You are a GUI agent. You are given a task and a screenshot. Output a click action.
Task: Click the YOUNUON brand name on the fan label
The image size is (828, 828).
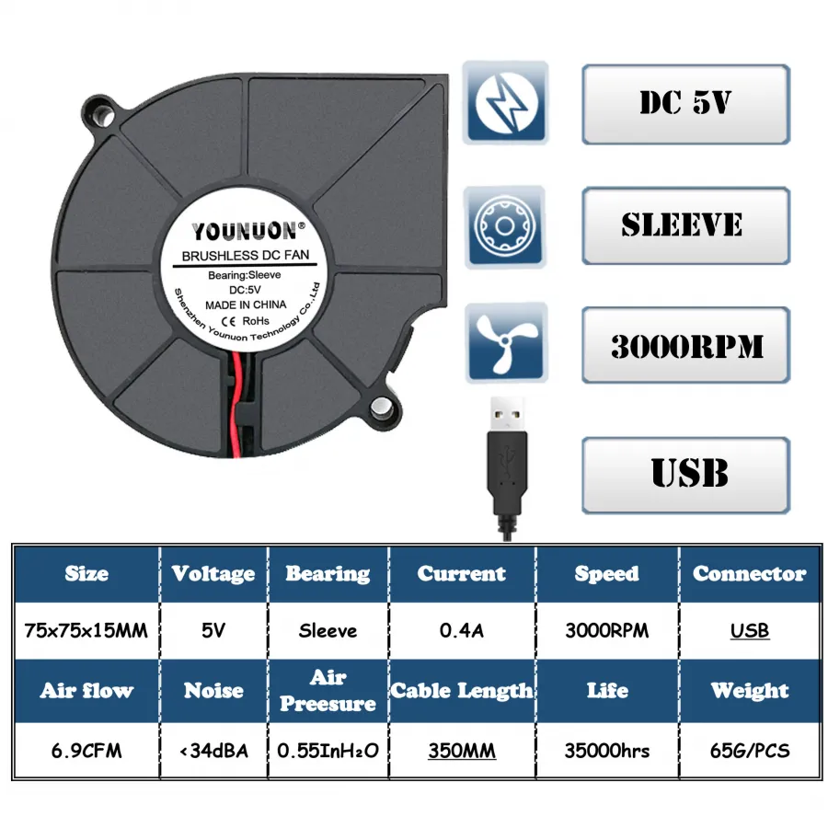(245, 231)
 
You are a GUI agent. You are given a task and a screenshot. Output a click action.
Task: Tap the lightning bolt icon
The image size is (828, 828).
(505, 102)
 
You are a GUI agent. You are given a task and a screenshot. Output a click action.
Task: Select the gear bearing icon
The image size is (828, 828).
(505, 226)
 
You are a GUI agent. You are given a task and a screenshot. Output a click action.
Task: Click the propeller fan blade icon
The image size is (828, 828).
(506, 343)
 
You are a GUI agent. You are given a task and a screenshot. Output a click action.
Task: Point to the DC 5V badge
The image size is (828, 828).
(685, 103)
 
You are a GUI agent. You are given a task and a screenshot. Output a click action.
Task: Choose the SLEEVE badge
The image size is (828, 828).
(685, 225)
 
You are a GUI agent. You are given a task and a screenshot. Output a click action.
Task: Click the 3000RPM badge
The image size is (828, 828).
(685, 345)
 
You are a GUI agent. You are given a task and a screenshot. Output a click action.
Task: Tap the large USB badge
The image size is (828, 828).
(685, 475)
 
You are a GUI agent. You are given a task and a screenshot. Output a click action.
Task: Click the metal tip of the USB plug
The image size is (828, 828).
(508, 415)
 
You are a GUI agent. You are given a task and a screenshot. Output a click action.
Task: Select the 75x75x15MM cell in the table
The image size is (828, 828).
(86, 630)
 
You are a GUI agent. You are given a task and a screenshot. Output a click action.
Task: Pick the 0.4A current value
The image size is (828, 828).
(462, 630)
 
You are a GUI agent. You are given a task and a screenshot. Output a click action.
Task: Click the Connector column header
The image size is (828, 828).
(749, 573)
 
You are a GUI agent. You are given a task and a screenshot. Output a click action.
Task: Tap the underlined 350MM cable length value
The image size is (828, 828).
(462, 751)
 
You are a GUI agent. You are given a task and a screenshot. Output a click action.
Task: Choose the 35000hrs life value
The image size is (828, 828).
(607, 751)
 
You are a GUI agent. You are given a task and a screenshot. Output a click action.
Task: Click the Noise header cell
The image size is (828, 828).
(213, 690)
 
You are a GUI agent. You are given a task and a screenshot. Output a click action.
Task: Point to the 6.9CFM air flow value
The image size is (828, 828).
(86, 751)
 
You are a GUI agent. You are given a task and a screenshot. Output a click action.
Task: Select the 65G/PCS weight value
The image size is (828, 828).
(749, 751)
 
